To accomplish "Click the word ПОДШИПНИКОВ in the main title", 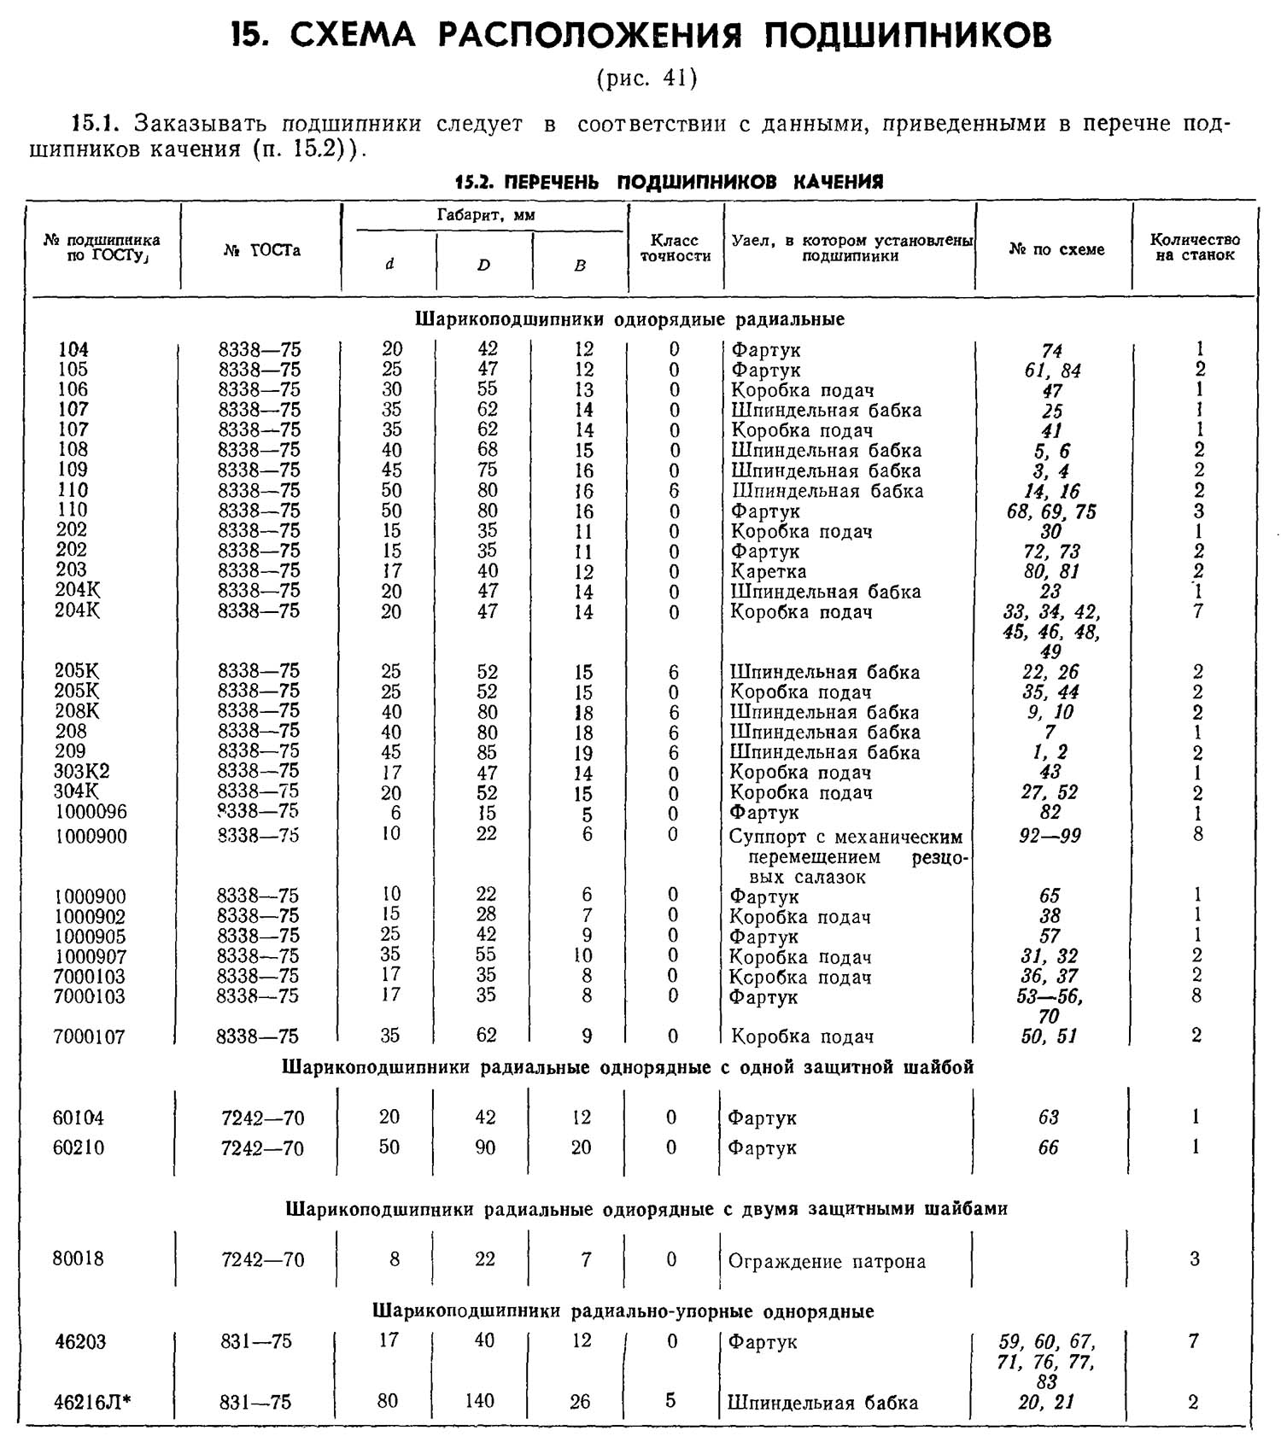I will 907,35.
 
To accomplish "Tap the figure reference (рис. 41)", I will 646,79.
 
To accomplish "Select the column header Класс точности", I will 675,248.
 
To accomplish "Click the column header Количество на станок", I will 1194,248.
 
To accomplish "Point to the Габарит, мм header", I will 485,216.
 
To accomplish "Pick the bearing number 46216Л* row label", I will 93,1402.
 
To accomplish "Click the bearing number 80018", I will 78,1259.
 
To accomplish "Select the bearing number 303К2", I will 82,772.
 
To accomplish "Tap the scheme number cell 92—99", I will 1050,836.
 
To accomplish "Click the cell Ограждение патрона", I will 826,1262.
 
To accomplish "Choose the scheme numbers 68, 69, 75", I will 1051,512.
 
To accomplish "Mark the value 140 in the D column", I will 480,1402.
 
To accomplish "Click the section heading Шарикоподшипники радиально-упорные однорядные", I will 623,1311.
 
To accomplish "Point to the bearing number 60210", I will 79,1148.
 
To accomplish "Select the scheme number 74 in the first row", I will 1051,351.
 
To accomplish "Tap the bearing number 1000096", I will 91,812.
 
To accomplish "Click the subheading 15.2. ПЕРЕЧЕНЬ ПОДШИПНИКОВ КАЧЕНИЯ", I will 669,182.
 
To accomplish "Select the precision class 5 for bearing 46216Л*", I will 670,1401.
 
